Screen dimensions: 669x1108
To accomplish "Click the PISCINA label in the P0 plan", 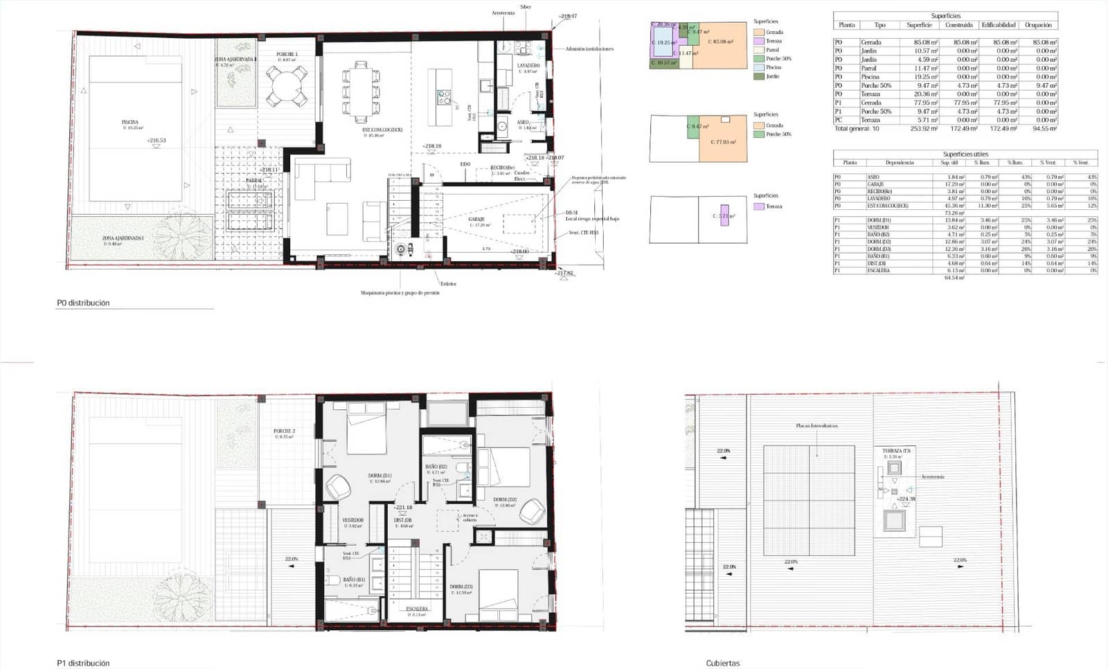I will pos(130,122).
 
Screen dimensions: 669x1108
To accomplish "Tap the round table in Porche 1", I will pos(287,87).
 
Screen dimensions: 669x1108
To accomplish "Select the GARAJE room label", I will pos(476,219).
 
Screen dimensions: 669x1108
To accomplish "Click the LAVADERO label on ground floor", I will pos(528,66).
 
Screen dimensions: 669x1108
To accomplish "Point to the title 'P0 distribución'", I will pos(83,303).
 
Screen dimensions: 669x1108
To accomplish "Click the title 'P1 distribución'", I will pos(83,663).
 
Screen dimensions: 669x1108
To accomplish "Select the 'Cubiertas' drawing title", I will pos(723,663).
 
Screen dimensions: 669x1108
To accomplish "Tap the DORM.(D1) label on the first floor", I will pos(379,476).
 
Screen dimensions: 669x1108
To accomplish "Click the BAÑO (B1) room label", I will pos(353,580).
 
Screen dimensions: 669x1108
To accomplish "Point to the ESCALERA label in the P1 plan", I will pos(417,609).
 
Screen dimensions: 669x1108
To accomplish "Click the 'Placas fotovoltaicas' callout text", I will pos(816,426).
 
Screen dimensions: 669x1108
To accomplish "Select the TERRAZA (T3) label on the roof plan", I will pos(896,451).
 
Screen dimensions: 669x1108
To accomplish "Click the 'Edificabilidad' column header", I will pos(998,25).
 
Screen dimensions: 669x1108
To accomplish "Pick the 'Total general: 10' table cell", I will pos(857,129).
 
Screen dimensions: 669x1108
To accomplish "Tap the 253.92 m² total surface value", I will pos(924,129).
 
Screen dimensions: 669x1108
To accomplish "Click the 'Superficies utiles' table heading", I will pos(965,154).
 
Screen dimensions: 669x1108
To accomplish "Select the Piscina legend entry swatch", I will pos(758,68).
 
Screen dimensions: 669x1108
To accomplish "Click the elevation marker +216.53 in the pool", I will pos(157,141).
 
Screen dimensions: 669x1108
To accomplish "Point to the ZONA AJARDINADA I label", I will pos(123,238).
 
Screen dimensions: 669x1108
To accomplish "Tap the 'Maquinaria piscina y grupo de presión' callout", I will pos(400,293).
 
